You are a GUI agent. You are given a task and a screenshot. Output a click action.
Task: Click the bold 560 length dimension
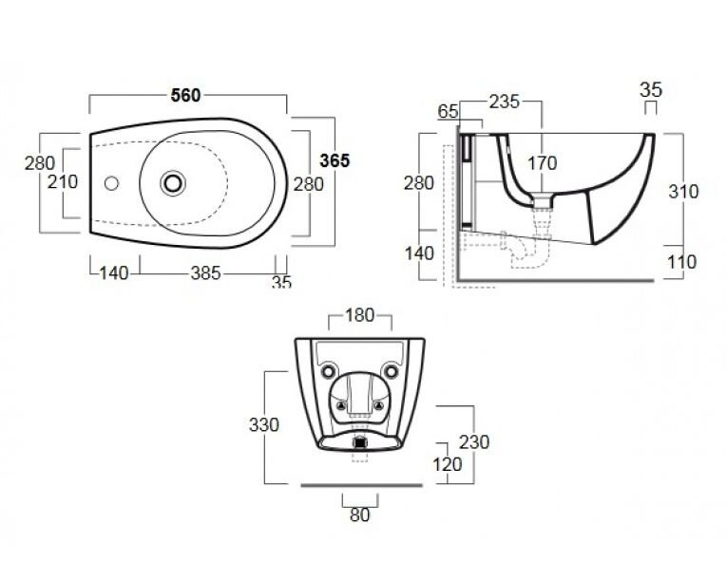(185, 96)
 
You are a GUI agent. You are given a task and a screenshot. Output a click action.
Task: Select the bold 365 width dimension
(335, 160)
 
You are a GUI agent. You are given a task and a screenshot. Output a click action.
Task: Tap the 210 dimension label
(63, 182)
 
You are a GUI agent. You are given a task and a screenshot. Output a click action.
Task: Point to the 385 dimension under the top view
(206, 273)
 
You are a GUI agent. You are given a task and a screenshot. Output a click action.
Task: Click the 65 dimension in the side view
(448, 112)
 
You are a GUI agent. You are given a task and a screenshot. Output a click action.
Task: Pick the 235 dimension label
(505, 102)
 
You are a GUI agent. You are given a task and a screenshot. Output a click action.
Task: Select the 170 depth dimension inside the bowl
(542, 163)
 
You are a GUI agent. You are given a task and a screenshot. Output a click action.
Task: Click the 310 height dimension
(683, 192)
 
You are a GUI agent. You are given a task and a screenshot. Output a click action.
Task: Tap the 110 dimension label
(682, 262)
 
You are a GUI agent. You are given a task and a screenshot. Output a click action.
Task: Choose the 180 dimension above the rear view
(360, 315)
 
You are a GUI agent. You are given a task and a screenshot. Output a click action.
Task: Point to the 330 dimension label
(264, 425)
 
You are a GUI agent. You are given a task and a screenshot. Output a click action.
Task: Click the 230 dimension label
(474, 442)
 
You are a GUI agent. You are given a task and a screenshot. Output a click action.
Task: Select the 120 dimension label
(448, 464)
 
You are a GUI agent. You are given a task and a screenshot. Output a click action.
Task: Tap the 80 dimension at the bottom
(360, 515)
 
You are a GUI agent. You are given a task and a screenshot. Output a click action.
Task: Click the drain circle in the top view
(173, 183)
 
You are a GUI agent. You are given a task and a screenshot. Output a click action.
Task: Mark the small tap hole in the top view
(111, 183)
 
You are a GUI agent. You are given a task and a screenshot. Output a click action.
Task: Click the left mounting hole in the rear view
(328, 371)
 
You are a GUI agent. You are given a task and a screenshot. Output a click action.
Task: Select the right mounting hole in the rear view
(392, 371)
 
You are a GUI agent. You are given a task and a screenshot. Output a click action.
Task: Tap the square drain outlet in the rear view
(360, 443)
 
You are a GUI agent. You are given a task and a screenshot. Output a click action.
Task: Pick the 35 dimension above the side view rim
(650, 90)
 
